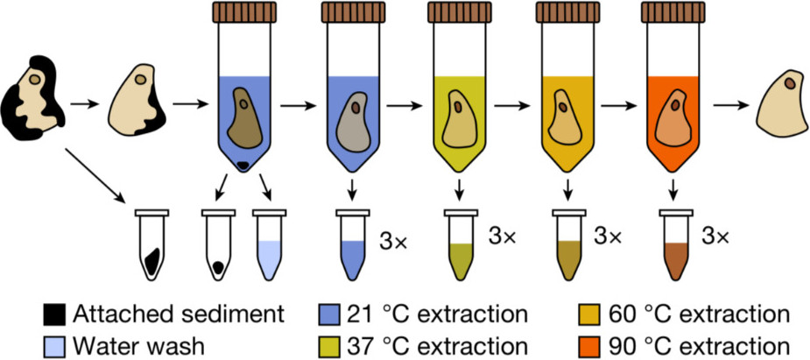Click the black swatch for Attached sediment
[54, 314]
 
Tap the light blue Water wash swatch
[54, 342]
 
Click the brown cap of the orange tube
[673, 13]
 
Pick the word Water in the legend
[100, 342]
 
